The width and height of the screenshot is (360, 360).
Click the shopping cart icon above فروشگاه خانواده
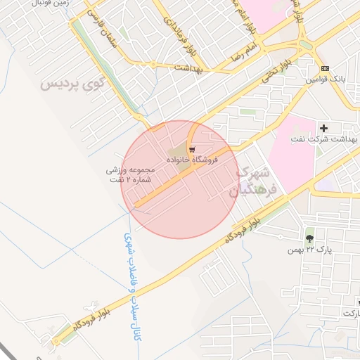192,150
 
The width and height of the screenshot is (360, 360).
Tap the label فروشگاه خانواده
192,160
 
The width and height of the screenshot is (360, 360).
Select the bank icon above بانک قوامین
324,68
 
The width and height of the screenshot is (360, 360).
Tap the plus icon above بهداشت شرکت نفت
324,128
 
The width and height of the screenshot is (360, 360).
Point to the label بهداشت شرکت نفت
324,139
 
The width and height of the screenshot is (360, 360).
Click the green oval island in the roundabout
306,44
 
